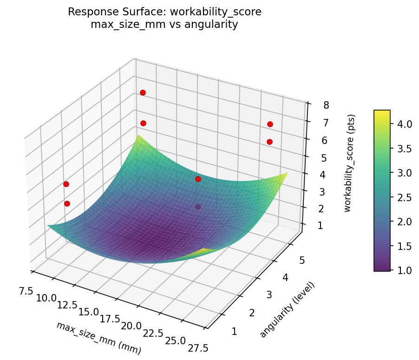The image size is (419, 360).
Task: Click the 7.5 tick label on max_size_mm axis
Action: [x=26, y=291]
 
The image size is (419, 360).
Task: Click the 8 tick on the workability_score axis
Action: [x=327, y=105]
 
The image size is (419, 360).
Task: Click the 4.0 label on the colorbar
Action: [x=404, y=124]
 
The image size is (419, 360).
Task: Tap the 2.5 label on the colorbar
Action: [x=404, y=197]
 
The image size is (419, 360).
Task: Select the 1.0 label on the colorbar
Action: [x=404, y=270]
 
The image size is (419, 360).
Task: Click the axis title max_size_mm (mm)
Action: [x=98, y=338]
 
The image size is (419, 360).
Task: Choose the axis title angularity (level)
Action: [x=287, y=309]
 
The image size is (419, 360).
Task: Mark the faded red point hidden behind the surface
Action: [x=198, y=207]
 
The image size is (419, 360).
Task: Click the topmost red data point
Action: [x=143, y=93]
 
